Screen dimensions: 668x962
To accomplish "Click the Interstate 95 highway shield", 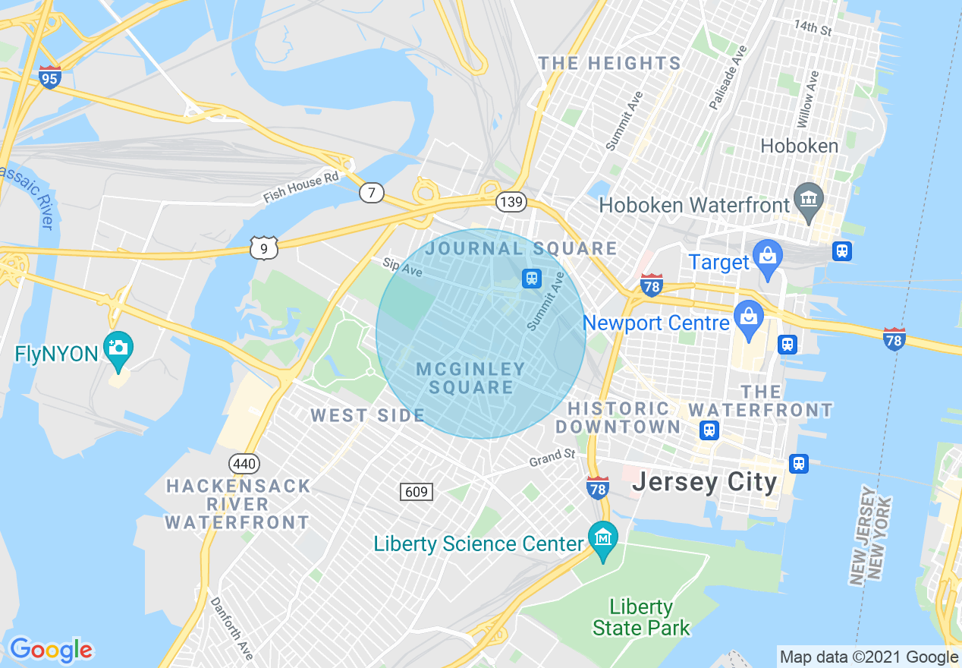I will pos(49,77).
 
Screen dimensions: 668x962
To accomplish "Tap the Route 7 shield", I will pos(371,193).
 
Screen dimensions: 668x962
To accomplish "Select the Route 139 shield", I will pos(511,201).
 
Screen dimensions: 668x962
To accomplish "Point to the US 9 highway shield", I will pos(264,247).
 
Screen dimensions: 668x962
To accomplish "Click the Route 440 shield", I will pos(244,463).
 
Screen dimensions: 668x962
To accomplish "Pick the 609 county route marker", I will pos(417,492).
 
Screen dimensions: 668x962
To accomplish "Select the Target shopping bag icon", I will pos(768,255).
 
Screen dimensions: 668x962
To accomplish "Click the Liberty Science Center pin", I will pos(603,538).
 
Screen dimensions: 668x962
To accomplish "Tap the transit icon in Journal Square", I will pos(532,279).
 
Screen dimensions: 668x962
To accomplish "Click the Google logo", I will pos(51,650).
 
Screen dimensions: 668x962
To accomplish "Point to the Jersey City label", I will pos(705,482).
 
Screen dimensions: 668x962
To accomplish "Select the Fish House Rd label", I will pos(300,187).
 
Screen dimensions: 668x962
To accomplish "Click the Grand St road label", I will pos(552,457).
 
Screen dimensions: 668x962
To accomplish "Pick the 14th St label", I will pos(813,28).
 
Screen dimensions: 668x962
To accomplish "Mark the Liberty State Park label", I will pos(641,617).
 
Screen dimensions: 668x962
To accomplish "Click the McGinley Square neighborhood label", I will pos(471,378).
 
